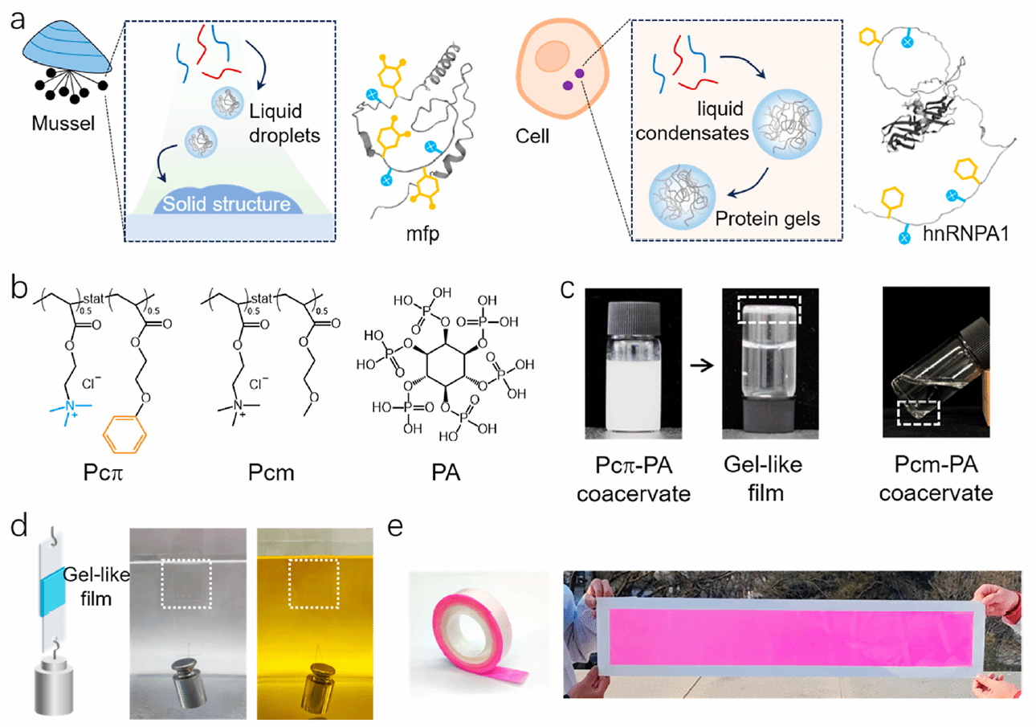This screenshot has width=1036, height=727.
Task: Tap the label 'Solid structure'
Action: click(232, 205)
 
